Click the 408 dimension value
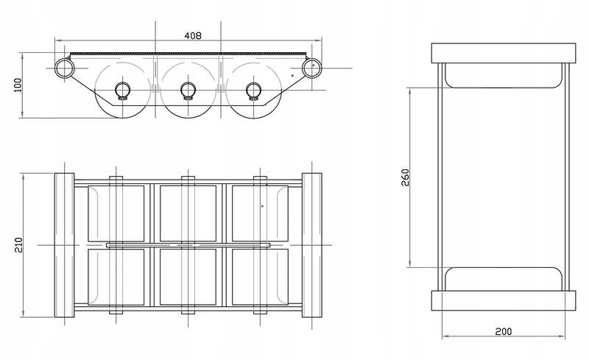pyautogui.click(x=193, y=35)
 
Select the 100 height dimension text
pyautogui.click(x=18, y=85)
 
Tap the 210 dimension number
pyautogui.click(x=18, y=245)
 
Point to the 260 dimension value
pyautogui.click(x=405, y=177)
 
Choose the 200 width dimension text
pyautogui.click(x=503, y=331)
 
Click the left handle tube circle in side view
pyautogui.click(x=65, y=68)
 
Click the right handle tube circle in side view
pyautogui.click(x=311, y=68)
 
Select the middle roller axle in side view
pyautogui.click(x=188, y=91)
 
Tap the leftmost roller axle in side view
pyautogui.click(x=122, y=91)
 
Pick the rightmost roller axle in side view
pyautogui.click(x=253, y=91)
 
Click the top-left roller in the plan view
pyautogui.click(x=116, y=213)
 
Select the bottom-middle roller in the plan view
pyautogui.click(x=188, y=277)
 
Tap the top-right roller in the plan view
pyautogui.click(x=261, y=213)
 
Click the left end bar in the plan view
pyautogui.click(x=64, y=245)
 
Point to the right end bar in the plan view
pyautogui.click(x=311, y=245)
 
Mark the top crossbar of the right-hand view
pyautogui.click(x=504, y=53)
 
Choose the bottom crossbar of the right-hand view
pyautogui.click(x=504, y=300)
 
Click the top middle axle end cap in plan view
pyautogui.click(x=188, y=178)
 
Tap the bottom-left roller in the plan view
pyautogui.click(x=116, y=277)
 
